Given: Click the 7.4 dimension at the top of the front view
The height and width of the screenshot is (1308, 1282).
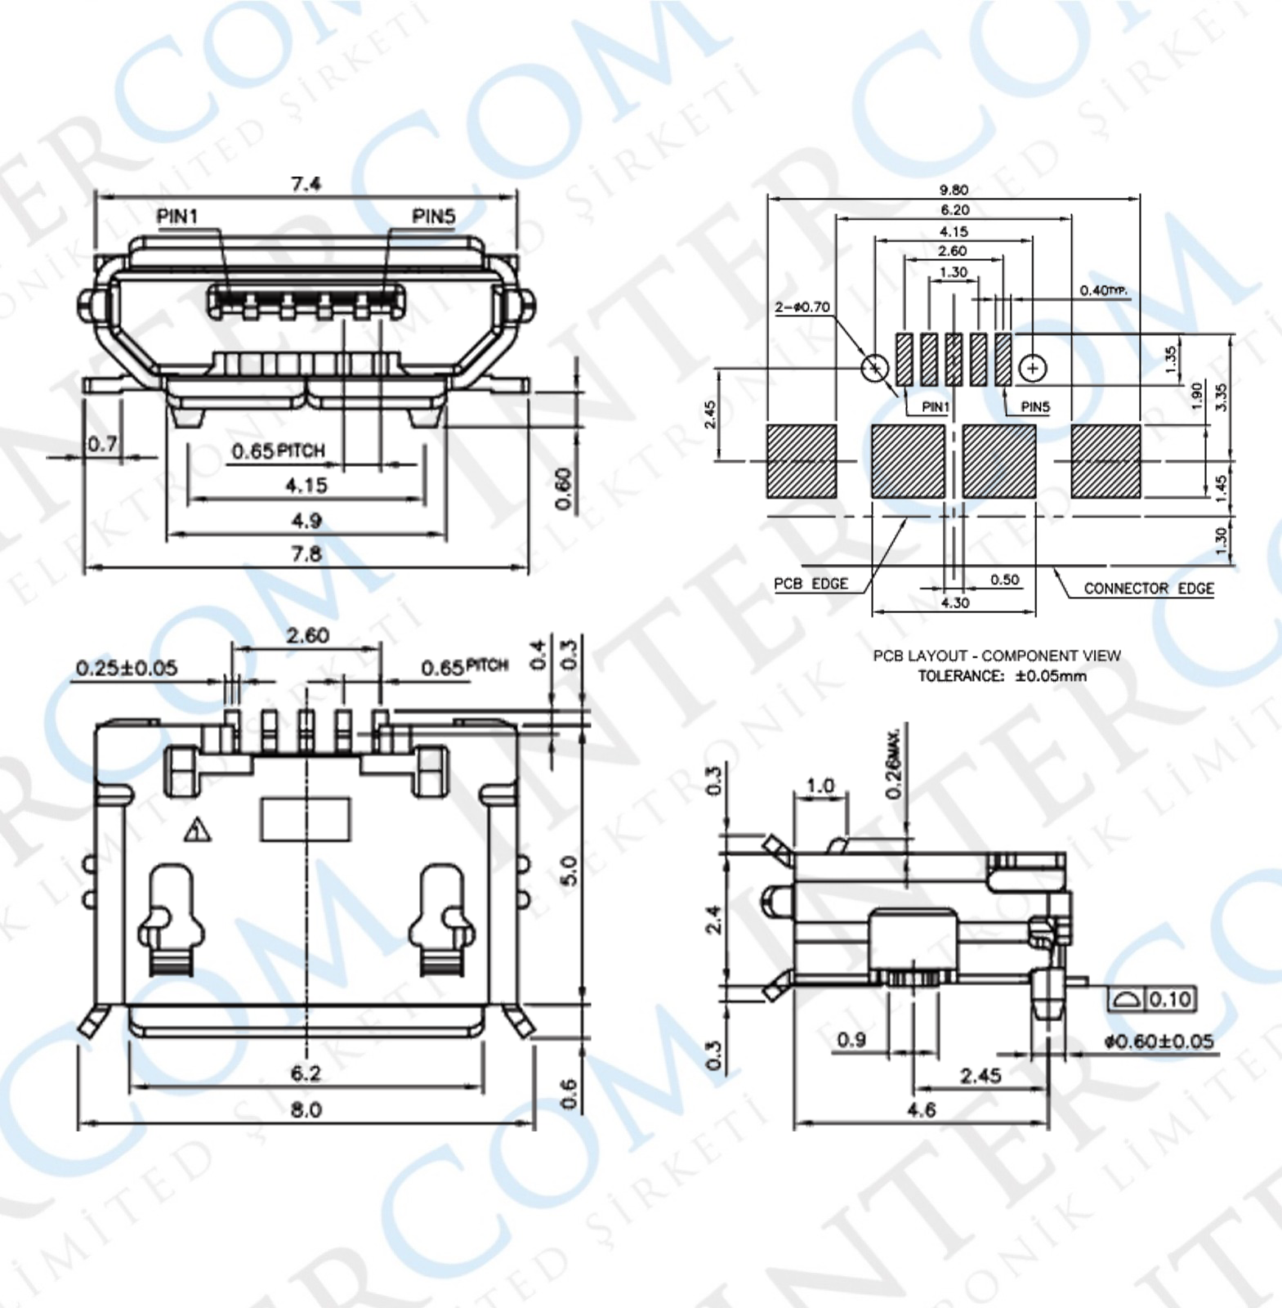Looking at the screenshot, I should coord(306,183).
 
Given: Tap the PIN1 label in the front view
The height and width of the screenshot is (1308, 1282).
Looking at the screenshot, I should coord(177,217).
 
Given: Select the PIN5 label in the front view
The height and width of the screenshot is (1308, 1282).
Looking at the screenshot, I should coord(433,217).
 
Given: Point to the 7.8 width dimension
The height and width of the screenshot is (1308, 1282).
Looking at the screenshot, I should coord(306,553).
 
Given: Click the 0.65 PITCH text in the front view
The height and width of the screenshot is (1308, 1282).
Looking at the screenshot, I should coord(278,450).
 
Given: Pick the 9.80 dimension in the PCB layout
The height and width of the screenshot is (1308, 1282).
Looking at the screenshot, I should coord(954,190).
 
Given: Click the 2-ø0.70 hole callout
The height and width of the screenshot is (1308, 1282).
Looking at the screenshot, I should coord(802,307).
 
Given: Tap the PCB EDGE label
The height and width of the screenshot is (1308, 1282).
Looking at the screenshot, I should coord(811,584).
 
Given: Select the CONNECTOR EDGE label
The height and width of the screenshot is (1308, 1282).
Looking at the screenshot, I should coord(1148,588).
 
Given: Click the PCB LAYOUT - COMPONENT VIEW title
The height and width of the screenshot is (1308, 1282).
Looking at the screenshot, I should coord(997,656).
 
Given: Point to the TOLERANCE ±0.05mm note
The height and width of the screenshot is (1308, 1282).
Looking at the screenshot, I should coord(1002,676).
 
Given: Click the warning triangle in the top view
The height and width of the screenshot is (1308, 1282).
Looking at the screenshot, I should coord(197,831).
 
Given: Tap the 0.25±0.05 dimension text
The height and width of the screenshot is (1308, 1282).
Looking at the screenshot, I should coord(127,668).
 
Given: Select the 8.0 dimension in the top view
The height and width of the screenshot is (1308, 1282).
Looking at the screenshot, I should coord(306,1109).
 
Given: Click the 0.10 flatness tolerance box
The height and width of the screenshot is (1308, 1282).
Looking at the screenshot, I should coord(1169,999).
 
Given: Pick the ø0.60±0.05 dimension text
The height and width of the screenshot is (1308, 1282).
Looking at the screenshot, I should coord(1159,1041).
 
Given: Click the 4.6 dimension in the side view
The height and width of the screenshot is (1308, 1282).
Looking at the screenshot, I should coord(921,1109).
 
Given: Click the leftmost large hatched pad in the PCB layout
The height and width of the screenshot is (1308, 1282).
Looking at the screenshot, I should coord(802,461).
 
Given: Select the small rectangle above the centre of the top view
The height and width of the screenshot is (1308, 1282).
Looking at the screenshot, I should coord(306,819).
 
